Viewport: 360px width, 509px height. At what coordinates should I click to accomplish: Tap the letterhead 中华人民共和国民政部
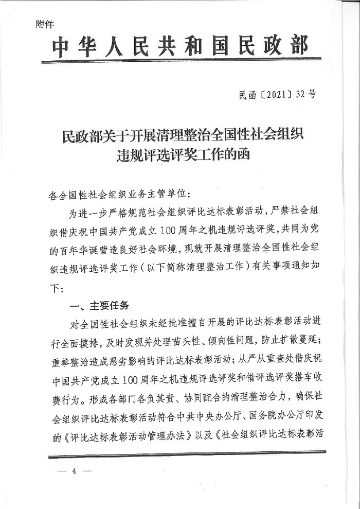[x=180, y=47]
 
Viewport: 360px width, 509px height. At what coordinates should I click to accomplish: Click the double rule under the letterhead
[x=180, y=62]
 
